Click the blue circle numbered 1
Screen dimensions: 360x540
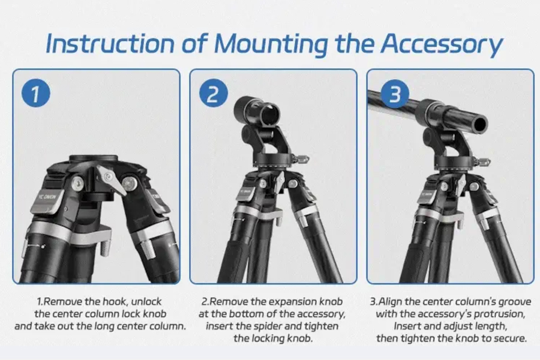pos(35,95)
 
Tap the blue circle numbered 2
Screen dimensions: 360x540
pos(214,95)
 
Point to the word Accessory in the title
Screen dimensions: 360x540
pos(442,44)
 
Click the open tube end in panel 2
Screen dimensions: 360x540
pos(271,113)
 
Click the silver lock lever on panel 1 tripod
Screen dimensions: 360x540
pos(113,178)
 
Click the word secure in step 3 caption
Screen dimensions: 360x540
pos(510,338)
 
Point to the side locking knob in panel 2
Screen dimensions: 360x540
pos(303,159)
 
